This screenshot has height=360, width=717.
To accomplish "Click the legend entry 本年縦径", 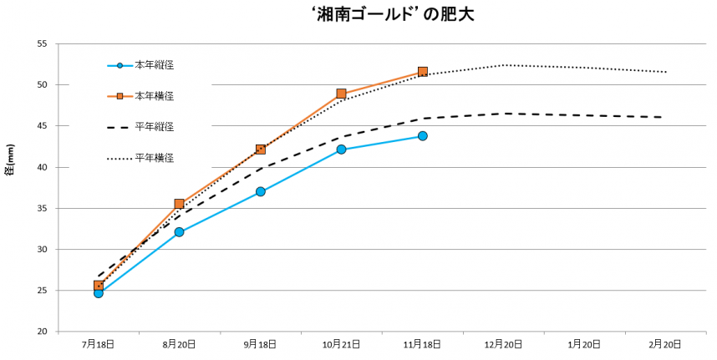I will click(155, 65).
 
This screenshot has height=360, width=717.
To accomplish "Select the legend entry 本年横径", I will click(155, 96).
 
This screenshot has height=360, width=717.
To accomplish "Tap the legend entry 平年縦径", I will click(155, 127).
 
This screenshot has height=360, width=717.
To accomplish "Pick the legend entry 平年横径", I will click(155, 157).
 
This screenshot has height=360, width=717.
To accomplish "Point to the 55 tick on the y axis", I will click(42, 43).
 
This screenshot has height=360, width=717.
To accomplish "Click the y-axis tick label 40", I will click(42, 167).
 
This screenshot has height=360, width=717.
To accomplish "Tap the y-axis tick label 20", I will click(42, 332).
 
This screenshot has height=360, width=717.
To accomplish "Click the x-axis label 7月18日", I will click(99, 344).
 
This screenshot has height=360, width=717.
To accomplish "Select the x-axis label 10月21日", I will click(342, 344).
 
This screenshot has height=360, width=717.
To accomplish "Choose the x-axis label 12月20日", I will click(504, 344).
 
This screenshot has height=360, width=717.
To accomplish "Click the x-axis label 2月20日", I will click(666, 344).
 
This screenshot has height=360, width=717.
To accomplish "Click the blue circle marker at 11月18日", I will click(423, 135).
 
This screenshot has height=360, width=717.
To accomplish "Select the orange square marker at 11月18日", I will click(423, 72).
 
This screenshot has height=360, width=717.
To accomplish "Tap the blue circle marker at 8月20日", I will click(180, 232).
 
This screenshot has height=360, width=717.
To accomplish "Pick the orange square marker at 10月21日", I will click(342, 94).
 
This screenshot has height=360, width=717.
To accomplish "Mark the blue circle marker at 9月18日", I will click(261, 191).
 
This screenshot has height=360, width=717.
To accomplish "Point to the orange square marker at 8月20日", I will click(180, 204).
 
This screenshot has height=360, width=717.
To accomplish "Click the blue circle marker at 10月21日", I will click(342, 150).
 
